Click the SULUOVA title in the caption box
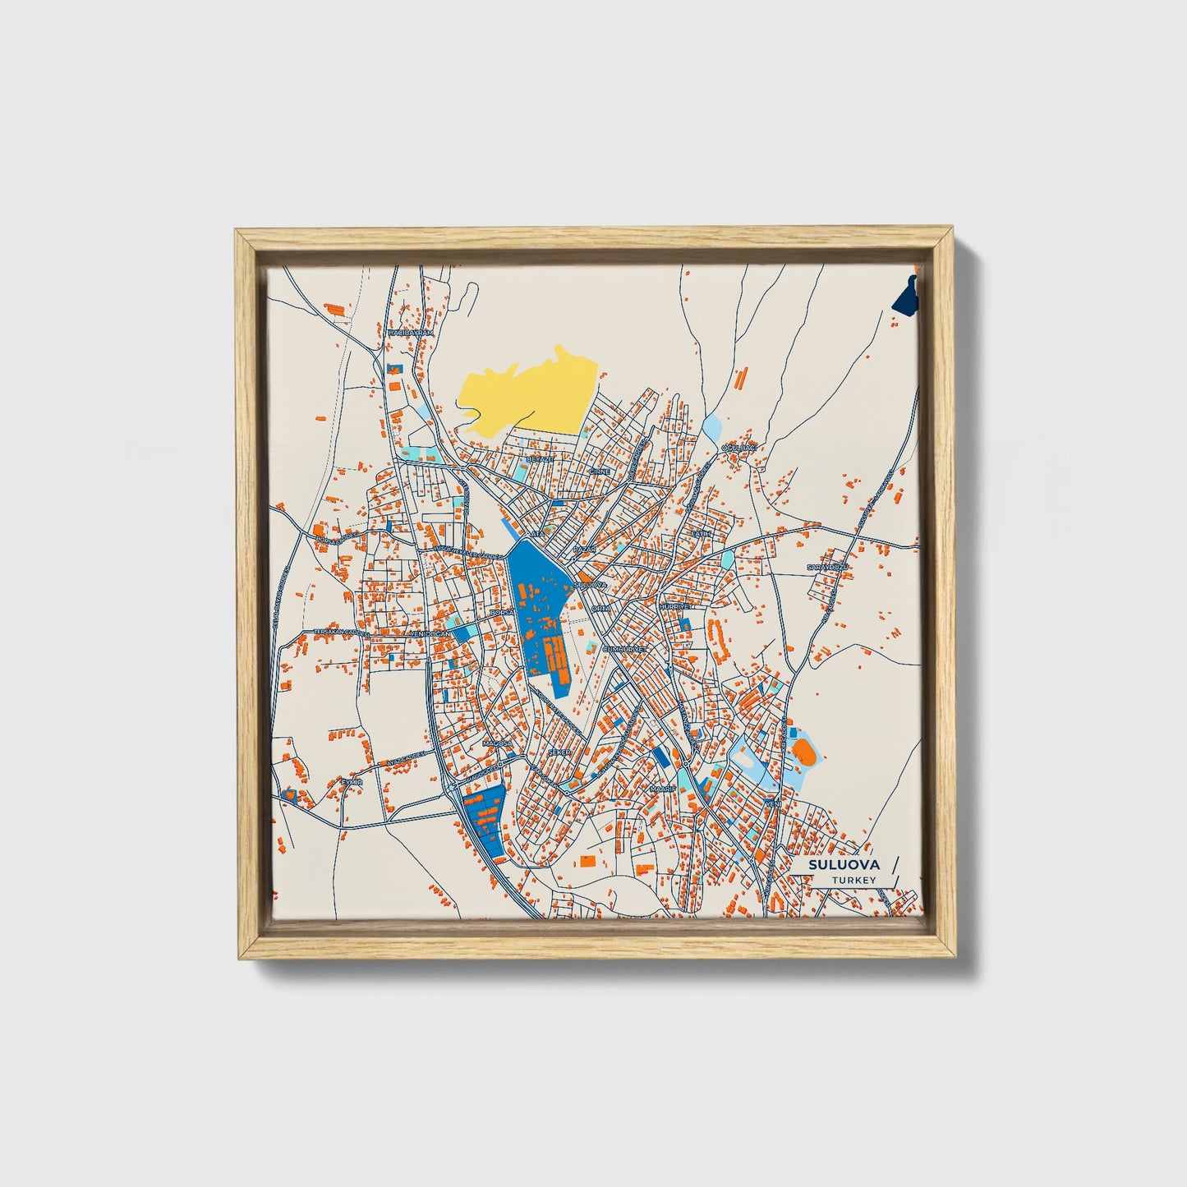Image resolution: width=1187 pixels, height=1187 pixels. point(843,865)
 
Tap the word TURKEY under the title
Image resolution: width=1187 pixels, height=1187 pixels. point(853,881)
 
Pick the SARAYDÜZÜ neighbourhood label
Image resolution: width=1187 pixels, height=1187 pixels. point(826,568)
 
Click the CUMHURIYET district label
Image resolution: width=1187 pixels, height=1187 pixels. point(626,648)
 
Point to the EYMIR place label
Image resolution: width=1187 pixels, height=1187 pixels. point(352,782)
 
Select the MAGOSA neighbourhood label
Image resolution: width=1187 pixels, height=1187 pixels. point(497,743)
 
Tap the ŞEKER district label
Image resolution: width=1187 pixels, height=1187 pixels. point(559,752)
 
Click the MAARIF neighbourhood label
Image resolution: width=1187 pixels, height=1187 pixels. point(662,788)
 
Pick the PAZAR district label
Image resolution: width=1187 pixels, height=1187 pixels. point(583,548)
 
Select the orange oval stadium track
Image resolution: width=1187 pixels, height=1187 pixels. point(803,750)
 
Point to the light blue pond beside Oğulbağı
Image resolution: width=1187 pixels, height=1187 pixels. point(711,427)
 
